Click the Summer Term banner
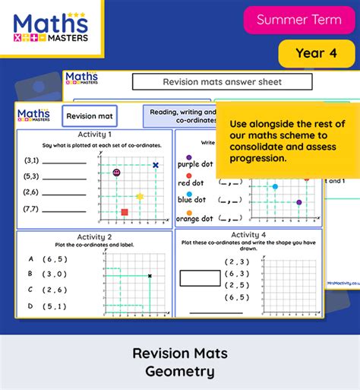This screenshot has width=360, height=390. (x=299, y=20)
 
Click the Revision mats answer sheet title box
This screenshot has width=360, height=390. (x=222, y=82)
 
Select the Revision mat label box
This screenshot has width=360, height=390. (x=90, y=116)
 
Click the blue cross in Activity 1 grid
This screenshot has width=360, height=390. (x=156, y=165)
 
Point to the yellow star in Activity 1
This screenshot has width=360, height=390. (x=140, y=197)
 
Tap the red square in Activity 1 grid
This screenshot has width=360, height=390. (x=125, y=212)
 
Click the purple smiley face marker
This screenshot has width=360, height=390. (x=116, y=173)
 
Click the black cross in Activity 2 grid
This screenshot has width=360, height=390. (x=150, y=276)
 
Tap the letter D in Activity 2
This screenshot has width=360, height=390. (x=30, y=306)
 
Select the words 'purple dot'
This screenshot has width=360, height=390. (x=195, y=164)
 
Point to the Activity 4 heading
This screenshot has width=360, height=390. (x=248, y=235)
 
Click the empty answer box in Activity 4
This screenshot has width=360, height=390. (x=200, y=278)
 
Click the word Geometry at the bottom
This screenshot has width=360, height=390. (x=180, y=373)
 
